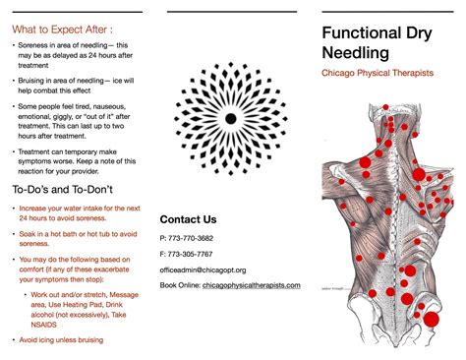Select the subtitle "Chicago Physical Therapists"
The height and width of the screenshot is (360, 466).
point(378,74)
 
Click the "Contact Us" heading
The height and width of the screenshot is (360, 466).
point(188,219)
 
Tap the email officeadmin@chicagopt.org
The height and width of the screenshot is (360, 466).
point(203,270)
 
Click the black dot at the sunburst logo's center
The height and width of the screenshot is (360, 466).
point(230,118)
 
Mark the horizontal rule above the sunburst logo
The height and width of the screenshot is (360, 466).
point(231,13)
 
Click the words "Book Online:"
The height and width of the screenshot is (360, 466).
point(181,284)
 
